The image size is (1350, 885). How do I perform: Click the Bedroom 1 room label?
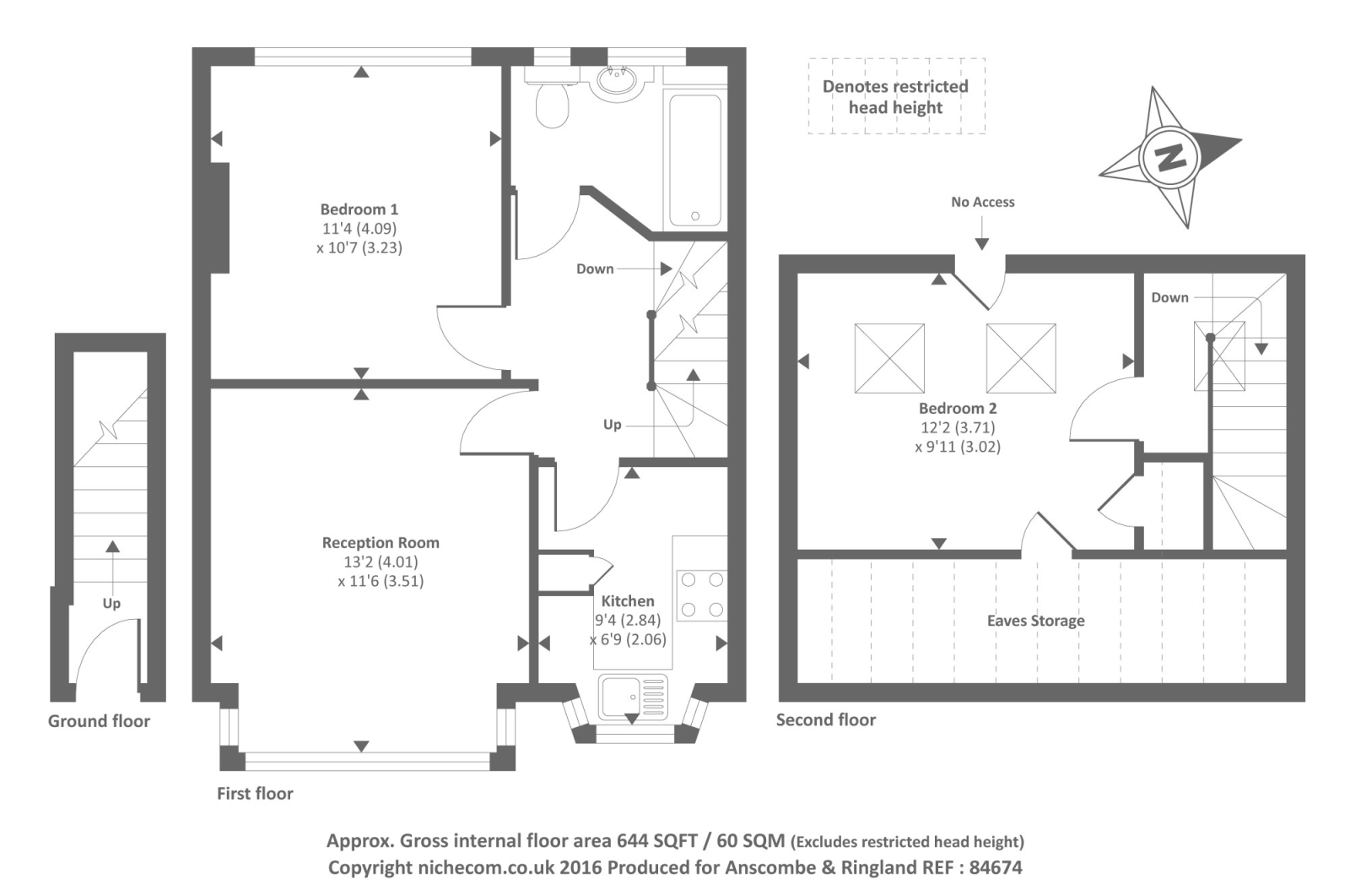[x=359, y=209]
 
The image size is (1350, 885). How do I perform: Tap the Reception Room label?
[x=381, y=543]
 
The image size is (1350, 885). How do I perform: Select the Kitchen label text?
[x=627, y=601]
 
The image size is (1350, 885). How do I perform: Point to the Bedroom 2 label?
[x=958, y=409]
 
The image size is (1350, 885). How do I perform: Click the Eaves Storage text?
[x=1035, y=621]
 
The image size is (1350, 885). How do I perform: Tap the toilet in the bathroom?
[x=552, y=103]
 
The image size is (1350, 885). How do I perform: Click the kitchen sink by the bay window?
[x=633, y=696]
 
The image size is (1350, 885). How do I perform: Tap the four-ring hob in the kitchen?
[x=702, y=595]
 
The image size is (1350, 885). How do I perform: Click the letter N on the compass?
[x=1169, y=156]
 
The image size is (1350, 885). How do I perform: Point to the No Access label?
[x=982, y=203]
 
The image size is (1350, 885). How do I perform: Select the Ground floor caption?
[x=99, y=721]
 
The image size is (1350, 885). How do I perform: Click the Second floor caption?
[x=825, y=719]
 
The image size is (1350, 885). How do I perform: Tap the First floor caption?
[x=255, y=794]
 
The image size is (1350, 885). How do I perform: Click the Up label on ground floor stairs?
[x=111, y=604]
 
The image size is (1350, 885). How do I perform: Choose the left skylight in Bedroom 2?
[x=889, y=358]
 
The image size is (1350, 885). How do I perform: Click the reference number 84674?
[x=996, y=867]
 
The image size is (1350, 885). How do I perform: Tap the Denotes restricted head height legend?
[x=895, y=96]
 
